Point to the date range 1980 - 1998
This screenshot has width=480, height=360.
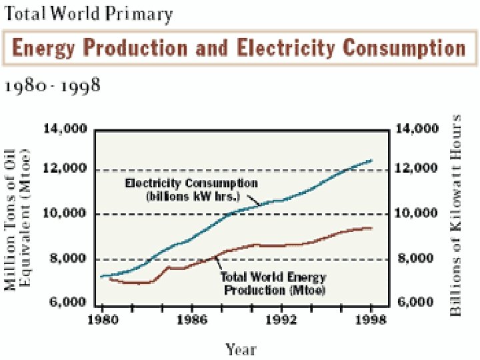point(53,87)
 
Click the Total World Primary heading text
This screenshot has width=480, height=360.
point(88,13)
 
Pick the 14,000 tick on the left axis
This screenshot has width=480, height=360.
point(65,129)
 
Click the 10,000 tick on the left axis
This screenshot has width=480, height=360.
point(65,213)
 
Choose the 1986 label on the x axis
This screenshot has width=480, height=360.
point(191,319)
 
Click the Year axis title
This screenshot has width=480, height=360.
point(240,349)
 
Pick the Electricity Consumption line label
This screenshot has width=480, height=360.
point(192,189)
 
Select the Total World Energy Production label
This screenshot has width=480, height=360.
point(274,283)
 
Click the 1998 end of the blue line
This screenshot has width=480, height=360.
point(371,160)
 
